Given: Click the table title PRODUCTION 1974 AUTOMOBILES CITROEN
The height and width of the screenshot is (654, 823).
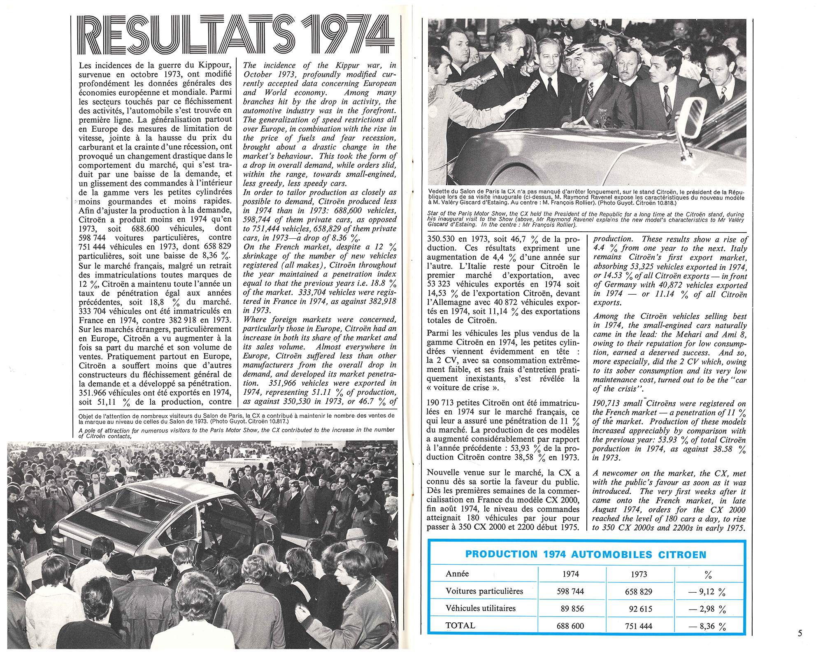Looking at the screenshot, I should coord(586,554).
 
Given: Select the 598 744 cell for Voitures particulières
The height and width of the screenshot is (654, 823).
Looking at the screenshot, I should coord(570,591).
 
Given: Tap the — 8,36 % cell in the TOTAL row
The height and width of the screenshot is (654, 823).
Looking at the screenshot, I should coord(707,626).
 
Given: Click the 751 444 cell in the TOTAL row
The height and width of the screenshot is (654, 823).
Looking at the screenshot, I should coord(638,626).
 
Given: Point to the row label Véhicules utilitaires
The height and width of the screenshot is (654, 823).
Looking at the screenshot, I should coord(480,608).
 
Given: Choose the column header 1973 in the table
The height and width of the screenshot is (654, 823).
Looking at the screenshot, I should coord(639,574).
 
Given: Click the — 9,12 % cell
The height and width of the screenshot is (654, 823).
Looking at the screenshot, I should coord(707,592).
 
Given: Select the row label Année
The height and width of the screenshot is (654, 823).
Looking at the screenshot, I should coord(457,574).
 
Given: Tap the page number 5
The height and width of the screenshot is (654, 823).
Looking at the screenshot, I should coord(800,633).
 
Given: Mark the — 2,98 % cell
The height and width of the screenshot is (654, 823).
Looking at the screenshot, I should coord(707,609).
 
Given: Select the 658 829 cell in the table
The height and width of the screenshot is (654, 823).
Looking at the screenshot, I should coord(638,592).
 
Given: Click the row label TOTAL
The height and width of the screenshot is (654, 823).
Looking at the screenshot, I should coord(460,626).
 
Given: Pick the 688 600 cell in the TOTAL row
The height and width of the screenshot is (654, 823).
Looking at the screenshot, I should coord(570,626).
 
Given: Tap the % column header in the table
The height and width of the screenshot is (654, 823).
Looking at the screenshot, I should coord(708,575).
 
